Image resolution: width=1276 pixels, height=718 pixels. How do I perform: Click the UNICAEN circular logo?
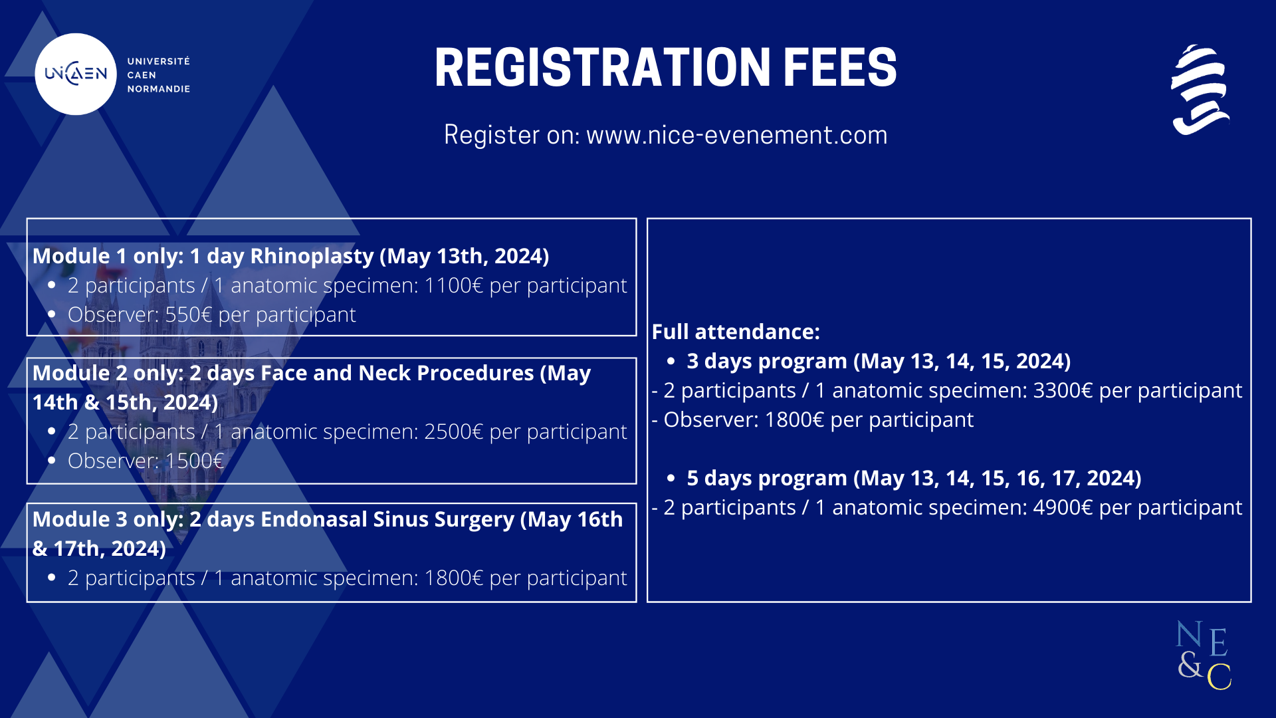click(x=76, y=74)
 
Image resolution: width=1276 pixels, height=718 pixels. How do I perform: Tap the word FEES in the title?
click(x=839, y=67)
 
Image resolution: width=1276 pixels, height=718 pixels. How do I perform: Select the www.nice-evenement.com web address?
click(x=736, y=135)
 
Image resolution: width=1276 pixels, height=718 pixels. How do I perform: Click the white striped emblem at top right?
click(x=1200, y=90)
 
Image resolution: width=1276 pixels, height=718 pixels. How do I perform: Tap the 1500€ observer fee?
click(x=194, y=461)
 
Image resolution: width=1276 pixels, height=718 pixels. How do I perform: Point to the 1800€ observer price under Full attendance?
click(x=794, y=419)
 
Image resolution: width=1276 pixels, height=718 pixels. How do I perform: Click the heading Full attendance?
click(x=736, y=332)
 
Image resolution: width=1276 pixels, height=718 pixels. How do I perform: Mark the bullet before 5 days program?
click(x=671, y=478)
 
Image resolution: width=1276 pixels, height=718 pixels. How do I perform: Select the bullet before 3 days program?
click(x=671, y=361)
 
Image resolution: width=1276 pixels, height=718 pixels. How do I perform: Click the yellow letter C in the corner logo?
click(x=1220, y=676)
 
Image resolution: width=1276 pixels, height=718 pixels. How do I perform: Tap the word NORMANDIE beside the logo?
click(x=159, y=89)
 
